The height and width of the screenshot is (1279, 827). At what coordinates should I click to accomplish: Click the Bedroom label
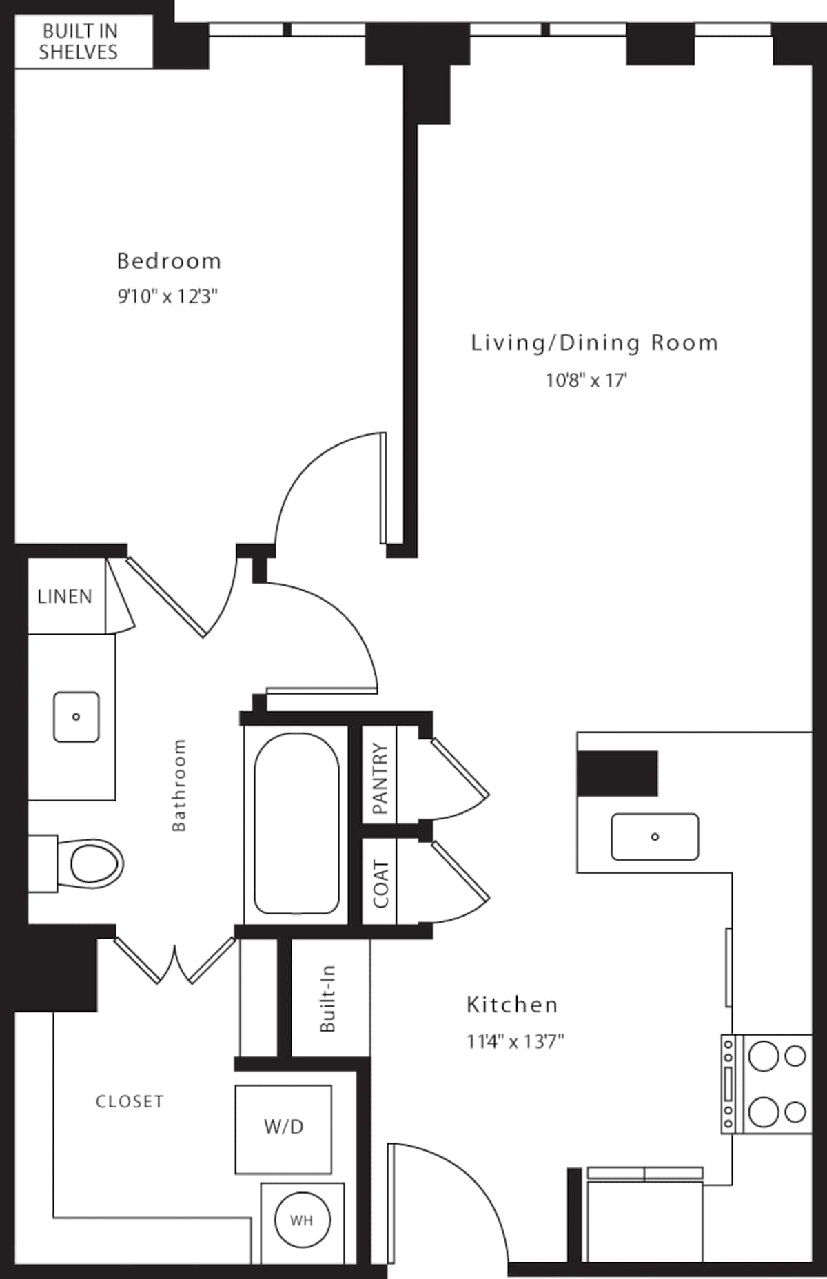[169, 261]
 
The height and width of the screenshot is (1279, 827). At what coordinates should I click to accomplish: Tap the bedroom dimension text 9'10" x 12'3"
[167, 296]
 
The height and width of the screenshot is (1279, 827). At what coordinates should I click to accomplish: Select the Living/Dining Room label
[594, 342]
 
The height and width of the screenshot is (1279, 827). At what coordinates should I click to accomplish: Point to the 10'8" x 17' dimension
[586, 380]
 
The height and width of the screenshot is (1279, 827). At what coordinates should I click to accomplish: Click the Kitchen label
[512, 1005]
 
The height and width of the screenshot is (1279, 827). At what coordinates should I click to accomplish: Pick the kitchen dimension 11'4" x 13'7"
[515, 1041]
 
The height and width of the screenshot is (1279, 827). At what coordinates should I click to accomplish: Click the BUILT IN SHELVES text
[79, 41]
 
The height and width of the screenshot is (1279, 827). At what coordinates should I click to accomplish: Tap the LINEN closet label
[65, 596]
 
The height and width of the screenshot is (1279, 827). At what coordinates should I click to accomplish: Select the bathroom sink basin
[76, 717]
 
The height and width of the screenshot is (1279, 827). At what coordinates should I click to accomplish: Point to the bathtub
[296, 824]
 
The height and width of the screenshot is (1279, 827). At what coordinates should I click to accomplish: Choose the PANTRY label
[380, 778]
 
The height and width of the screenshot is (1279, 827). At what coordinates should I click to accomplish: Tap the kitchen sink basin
[655, 837]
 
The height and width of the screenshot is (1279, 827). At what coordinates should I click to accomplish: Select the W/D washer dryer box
[283, 1129]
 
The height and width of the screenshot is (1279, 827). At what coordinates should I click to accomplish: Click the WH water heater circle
[302, 1220]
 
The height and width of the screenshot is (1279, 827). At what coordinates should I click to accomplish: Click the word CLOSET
[130, 1102]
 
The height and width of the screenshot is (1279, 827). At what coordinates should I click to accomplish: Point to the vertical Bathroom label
[178, 785]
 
